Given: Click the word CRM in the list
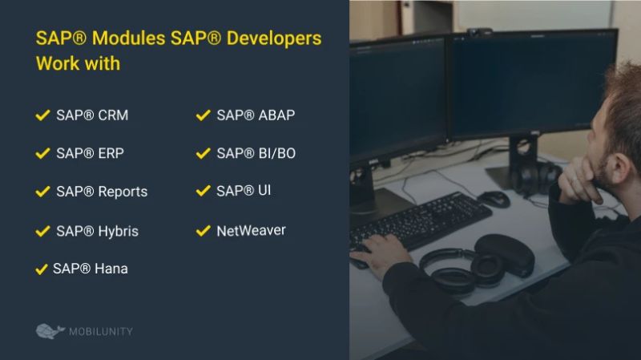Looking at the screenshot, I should (x=113, y=115).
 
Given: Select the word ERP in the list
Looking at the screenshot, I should (x=111, y=153).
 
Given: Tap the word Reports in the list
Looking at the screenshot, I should (x=123, y=192).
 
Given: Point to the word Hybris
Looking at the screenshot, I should (x=118, y=231).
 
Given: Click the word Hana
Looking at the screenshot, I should (x=111, y=269).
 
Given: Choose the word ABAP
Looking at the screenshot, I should (x=276, y=115).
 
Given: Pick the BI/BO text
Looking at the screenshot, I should (x=276, y=153).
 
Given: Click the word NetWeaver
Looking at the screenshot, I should (x=251, y=231).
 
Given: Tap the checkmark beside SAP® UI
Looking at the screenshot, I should (x=203, y=191).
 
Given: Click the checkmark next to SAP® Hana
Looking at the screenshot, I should (x=42, y=269).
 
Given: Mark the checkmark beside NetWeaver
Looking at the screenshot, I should (x=203, y=231).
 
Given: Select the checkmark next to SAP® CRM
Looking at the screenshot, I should (x=42, y=115).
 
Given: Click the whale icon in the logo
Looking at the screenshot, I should (x=50, y=330).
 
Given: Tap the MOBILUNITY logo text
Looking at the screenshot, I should (x=100, y=331).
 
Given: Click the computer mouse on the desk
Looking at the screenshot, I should (x=494, y=198).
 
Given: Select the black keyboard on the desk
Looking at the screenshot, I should (x=420, y=220).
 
